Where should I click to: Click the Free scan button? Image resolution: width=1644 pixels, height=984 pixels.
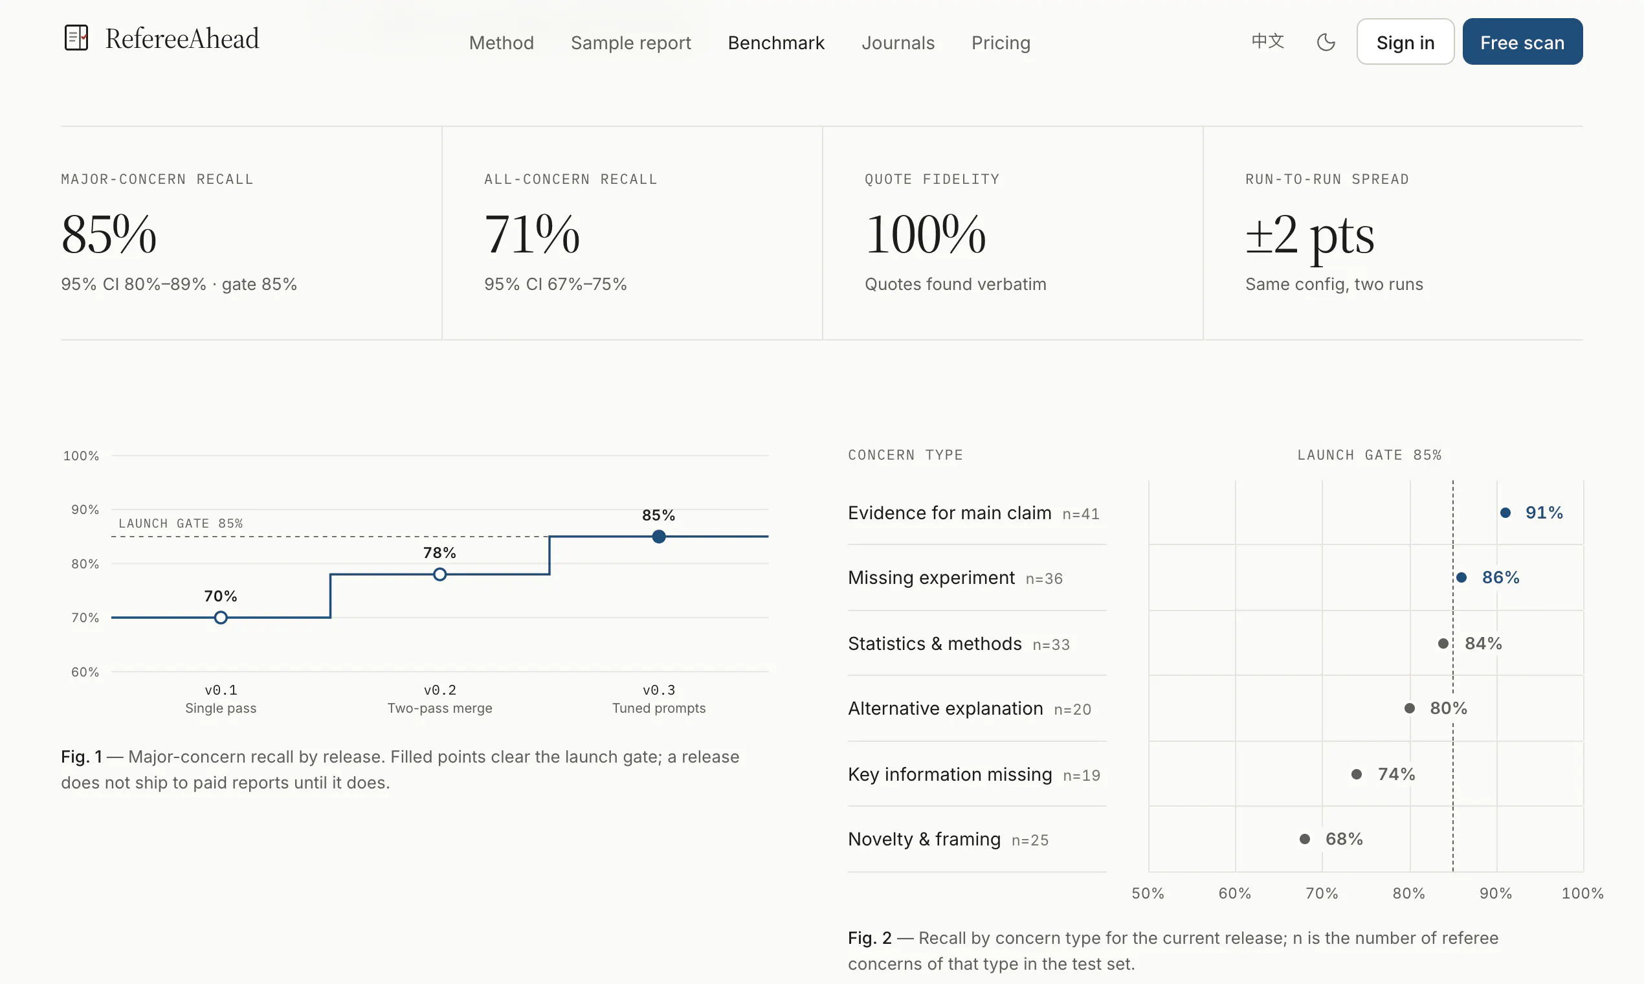pos(1522,42)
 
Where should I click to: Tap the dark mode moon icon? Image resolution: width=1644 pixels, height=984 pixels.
pos(1326,43)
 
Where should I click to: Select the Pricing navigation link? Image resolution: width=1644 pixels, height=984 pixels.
pos(1001,43)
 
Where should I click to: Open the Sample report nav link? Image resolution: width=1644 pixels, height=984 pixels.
pos(630,43)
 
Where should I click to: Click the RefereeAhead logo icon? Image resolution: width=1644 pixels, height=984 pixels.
pos(76,38)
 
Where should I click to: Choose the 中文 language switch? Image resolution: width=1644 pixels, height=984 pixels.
pos(1267,41)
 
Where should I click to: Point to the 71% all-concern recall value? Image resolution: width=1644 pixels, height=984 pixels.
pos(531,234)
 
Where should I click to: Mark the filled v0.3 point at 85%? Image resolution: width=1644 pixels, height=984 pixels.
pos(658,537)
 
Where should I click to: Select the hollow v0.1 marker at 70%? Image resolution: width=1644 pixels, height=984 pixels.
pos(221,618)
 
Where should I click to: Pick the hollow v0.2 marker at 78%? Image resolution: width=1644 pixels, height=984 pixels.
pos(439,574)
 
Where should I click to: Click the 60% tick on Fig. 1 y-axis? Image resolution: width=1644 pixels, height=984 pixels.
pos(85,672)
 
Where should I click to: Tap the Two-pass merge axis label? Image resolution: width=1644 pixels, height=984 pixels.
pos(439,708)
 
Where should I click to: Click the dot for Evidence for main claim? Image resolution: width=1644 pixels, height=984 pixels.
pos(1505,513)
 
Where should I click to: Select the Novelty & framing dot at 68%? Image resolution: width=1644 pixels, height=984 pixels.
pos(1305,839)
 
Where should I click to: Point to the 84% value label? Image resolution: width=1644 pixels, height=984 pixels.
pos(1483,643)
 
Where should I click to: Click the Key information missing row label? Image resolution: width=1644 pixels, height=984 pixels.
pos(950,774)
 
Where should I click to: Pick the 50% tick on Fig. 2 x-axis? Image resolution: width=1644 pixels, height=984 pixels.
pos(1148,893)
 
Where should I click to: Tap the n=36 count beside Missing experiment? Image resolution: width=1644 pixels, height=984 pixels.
pos(1044,579)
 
